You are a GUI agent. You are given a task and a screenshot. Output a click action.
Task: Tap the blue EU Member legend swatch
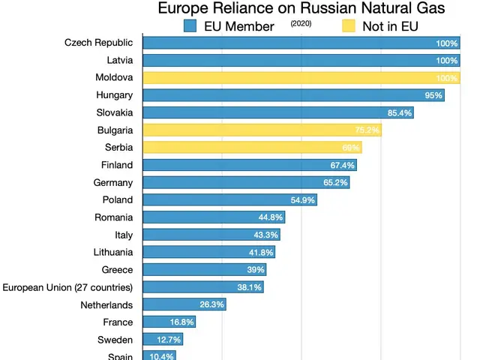[x=190, y=26]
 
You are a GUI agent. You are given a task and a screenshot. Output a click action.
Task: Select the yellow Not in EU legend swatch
[x=348, y=26]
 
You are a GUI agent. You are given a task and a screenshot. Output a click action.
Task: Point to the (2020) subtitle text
[x=301, y=24]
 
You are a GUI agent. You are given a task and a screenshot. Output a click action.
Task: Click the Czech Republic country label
[x=98, y=43]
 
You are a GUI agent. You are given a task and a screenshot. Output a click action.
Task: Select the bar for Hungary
[x=292, y=95]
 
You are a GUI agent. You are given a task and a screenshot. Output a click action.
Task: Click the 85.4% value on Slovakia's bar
[x=400, y=113]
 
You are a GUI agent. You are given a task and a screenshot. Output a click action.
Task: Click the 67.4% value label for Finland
[x=343, y=166]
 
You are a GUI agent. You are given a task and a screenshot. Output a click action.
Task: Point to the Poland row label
[x=118, y=199]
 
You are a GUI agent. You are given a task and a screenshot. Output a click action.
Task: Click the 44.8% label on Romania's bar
[x=271, y=217]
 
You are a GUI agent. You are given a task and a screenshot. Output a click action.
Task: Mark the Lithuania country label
[x=113, y=252]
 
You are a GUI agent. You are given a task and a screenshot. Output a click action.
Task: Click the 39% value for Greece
[x=256, y=270]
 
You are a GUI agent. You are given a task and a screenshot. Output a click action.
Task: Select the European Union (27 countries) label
[x=68, y=287]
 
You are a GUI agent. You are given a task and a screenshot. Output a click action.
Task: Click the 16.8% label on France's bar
[x=181, y=322]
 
